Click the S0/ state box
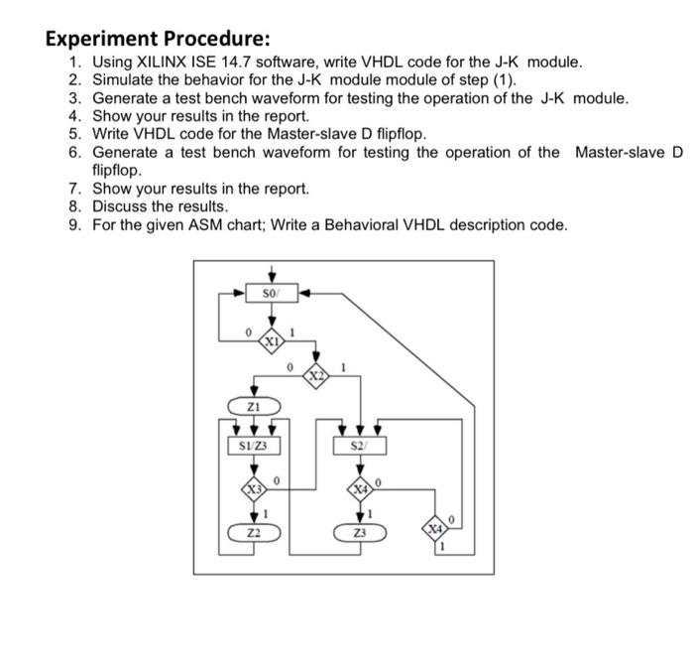pos(271,293)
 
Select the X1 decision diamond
pos(270,340)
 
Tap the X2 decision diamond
pos(316,376)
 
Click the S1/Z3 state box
pos(252,446)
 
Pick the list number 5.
pos(74,134)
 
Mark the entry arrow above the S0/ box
pos(271,272)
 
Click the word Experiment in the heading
pos(93,39)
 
